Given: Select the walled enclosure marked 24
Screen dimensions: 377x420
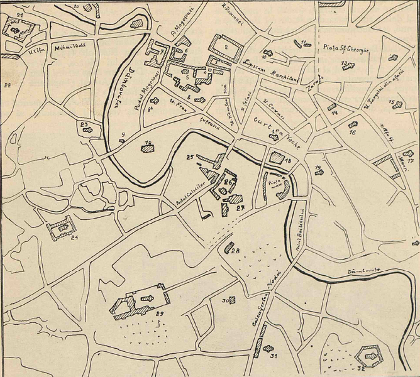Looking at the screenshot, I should point(62,229).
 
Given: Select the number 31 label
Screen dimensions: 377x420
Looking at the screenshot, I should point(274,356).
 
